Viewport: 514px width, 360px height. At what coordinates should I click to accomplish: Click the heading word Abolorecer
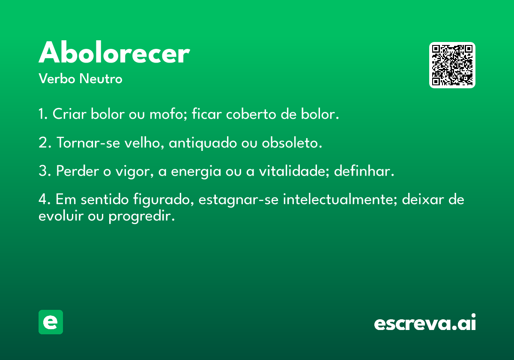click(x=114, y=52)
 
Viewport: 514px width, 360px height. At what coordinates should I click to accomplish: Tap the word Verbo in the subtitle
click(x=57, y=79)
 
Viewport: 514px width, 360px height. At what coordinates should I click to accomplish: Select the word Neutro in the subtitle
click(x=101, y=79)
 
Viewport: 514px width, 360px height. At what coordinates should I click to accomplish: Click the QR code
click(x=452, y=65)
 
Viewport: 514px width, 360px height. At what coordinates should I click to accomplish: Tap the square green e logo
click(x=51, y=322)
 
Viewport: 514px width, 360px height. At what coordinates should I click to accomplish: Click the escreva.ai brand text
click(x=425, y=322)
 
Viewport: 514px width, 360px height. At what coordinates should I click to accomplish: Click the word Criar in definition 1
click(x=69, y=114)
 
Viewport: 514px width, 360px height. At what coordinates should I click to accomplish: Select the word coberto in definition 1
click(x=251, y=114)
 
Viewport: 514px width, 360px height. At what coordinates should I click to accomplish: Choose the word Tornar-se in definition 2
click(x=88, y=142)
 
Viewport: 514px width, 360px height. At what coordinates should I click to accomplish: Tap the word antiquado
click(x=203, y=143)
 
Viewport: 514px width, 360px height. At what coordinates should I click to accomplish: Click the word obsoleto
click(x=292, y=142)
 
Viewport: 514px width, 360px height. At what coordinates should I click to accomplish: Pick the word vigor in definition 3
click(x=134, y=172)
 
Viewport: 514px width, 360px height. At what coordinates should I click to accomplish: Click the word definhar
click(x=364, y=171)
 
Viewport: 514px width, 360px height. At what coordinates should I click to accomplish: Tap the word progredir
click(x=142, y=216)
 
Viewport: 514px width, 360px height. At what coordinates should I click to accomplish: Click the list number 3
click(x=43, y=171)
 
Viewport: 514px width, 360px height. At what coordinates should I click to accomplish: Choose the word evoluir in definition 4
click(x=61, y=216)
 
